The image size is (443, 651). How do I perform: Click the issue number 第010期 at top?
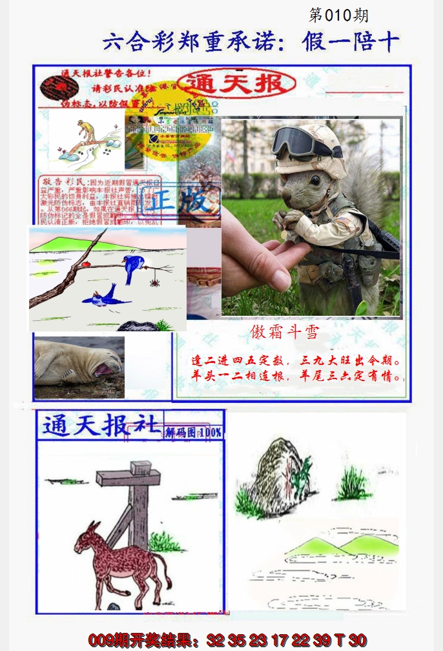pyautogui.click(x=338, y=15)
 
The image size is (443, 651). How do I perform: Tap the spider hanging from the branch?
pyautogui.click(x=154, y=282)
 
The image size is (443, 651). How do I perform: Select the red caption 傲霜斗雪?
pyautogui.click(x=285, y=331)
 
